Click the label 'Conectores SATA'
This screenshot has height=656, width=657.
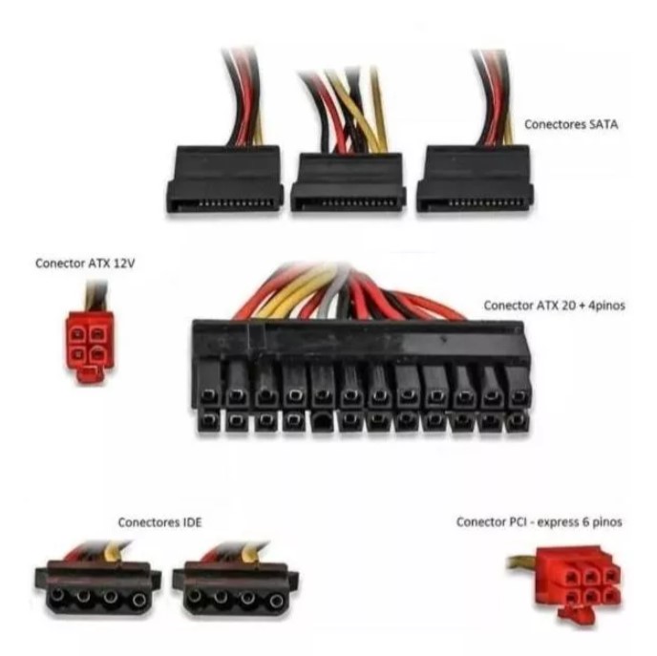click(571, 124)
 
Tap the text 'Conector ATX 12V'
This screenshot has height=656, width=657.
click(85, 264)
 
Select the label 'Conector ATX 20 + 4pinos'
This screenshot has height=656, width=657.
click(554, 306)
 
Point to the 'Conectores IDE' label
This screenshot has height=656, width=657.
click(159, 522)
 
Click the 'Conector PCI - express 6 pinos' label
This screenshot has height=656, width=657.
click(539, 522)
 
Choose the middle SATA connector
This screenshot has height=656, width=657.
click(349, 181)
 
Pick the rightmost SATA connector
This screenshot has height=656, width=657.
click(475, 179)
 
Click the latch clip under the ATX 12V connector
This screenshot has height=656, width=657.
click(89, 375)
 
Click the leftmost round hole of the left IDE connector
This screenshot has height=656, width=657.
click(57, 595)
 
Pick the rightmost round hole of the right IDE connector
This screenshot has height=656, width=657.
click(277, 602)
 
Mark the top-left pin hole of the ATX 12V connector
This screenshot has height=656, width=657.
click(78, 334)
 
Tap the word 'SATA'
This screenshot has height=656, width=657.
click(604, 124)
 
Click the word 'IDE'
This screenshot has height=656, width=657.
click(192, 522)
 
